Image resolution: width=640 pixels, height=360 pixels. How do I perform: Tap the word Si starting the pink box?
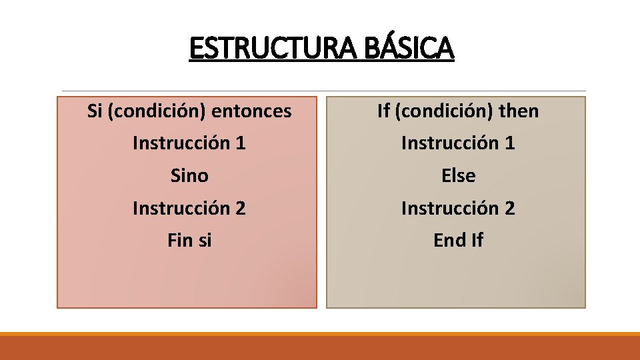pos(95,111)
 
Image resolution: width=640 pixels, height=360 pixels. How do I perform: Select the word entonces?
pos(251,111)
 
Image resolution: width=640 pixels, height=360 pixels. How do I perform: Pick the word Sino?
pos(189,176)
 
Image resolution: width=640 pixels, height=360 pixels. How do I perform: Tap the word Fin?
pos(180,240)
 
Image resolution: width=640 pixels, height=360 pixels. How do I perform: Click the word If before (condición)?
pos(383,111)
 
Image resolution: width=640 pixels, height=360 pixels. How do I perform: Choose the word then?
pos(519,111)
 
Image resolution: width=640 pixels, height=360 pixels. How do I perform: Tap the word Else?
pos(459,176)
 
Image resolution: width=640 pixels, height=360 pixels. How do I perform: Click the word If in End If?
pos(476,240)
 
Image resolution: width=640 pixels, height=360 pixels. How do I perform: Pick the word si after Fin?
pos(204,240)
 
